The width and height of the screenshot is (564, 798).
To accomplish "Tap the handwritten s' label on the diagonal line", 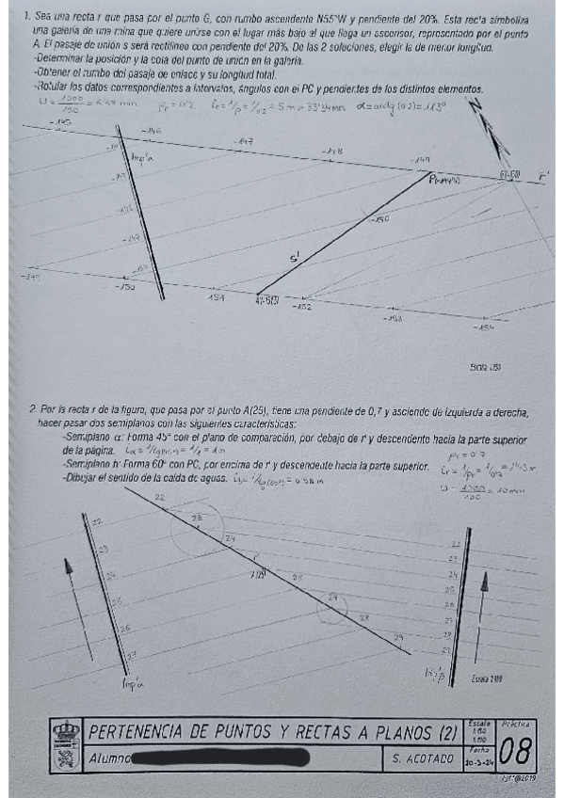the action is (296, 257).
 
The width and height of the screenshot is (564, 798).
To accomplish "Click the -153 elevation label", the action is (393, 318).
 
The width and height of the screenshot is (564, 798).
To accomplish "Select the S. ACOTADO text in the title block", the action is (421, 757).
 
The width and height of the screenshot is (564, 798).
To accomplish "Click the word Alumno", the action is (109, 757).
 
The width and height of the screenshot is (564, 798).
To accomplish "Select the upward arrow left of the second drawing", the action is (69, 567).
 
